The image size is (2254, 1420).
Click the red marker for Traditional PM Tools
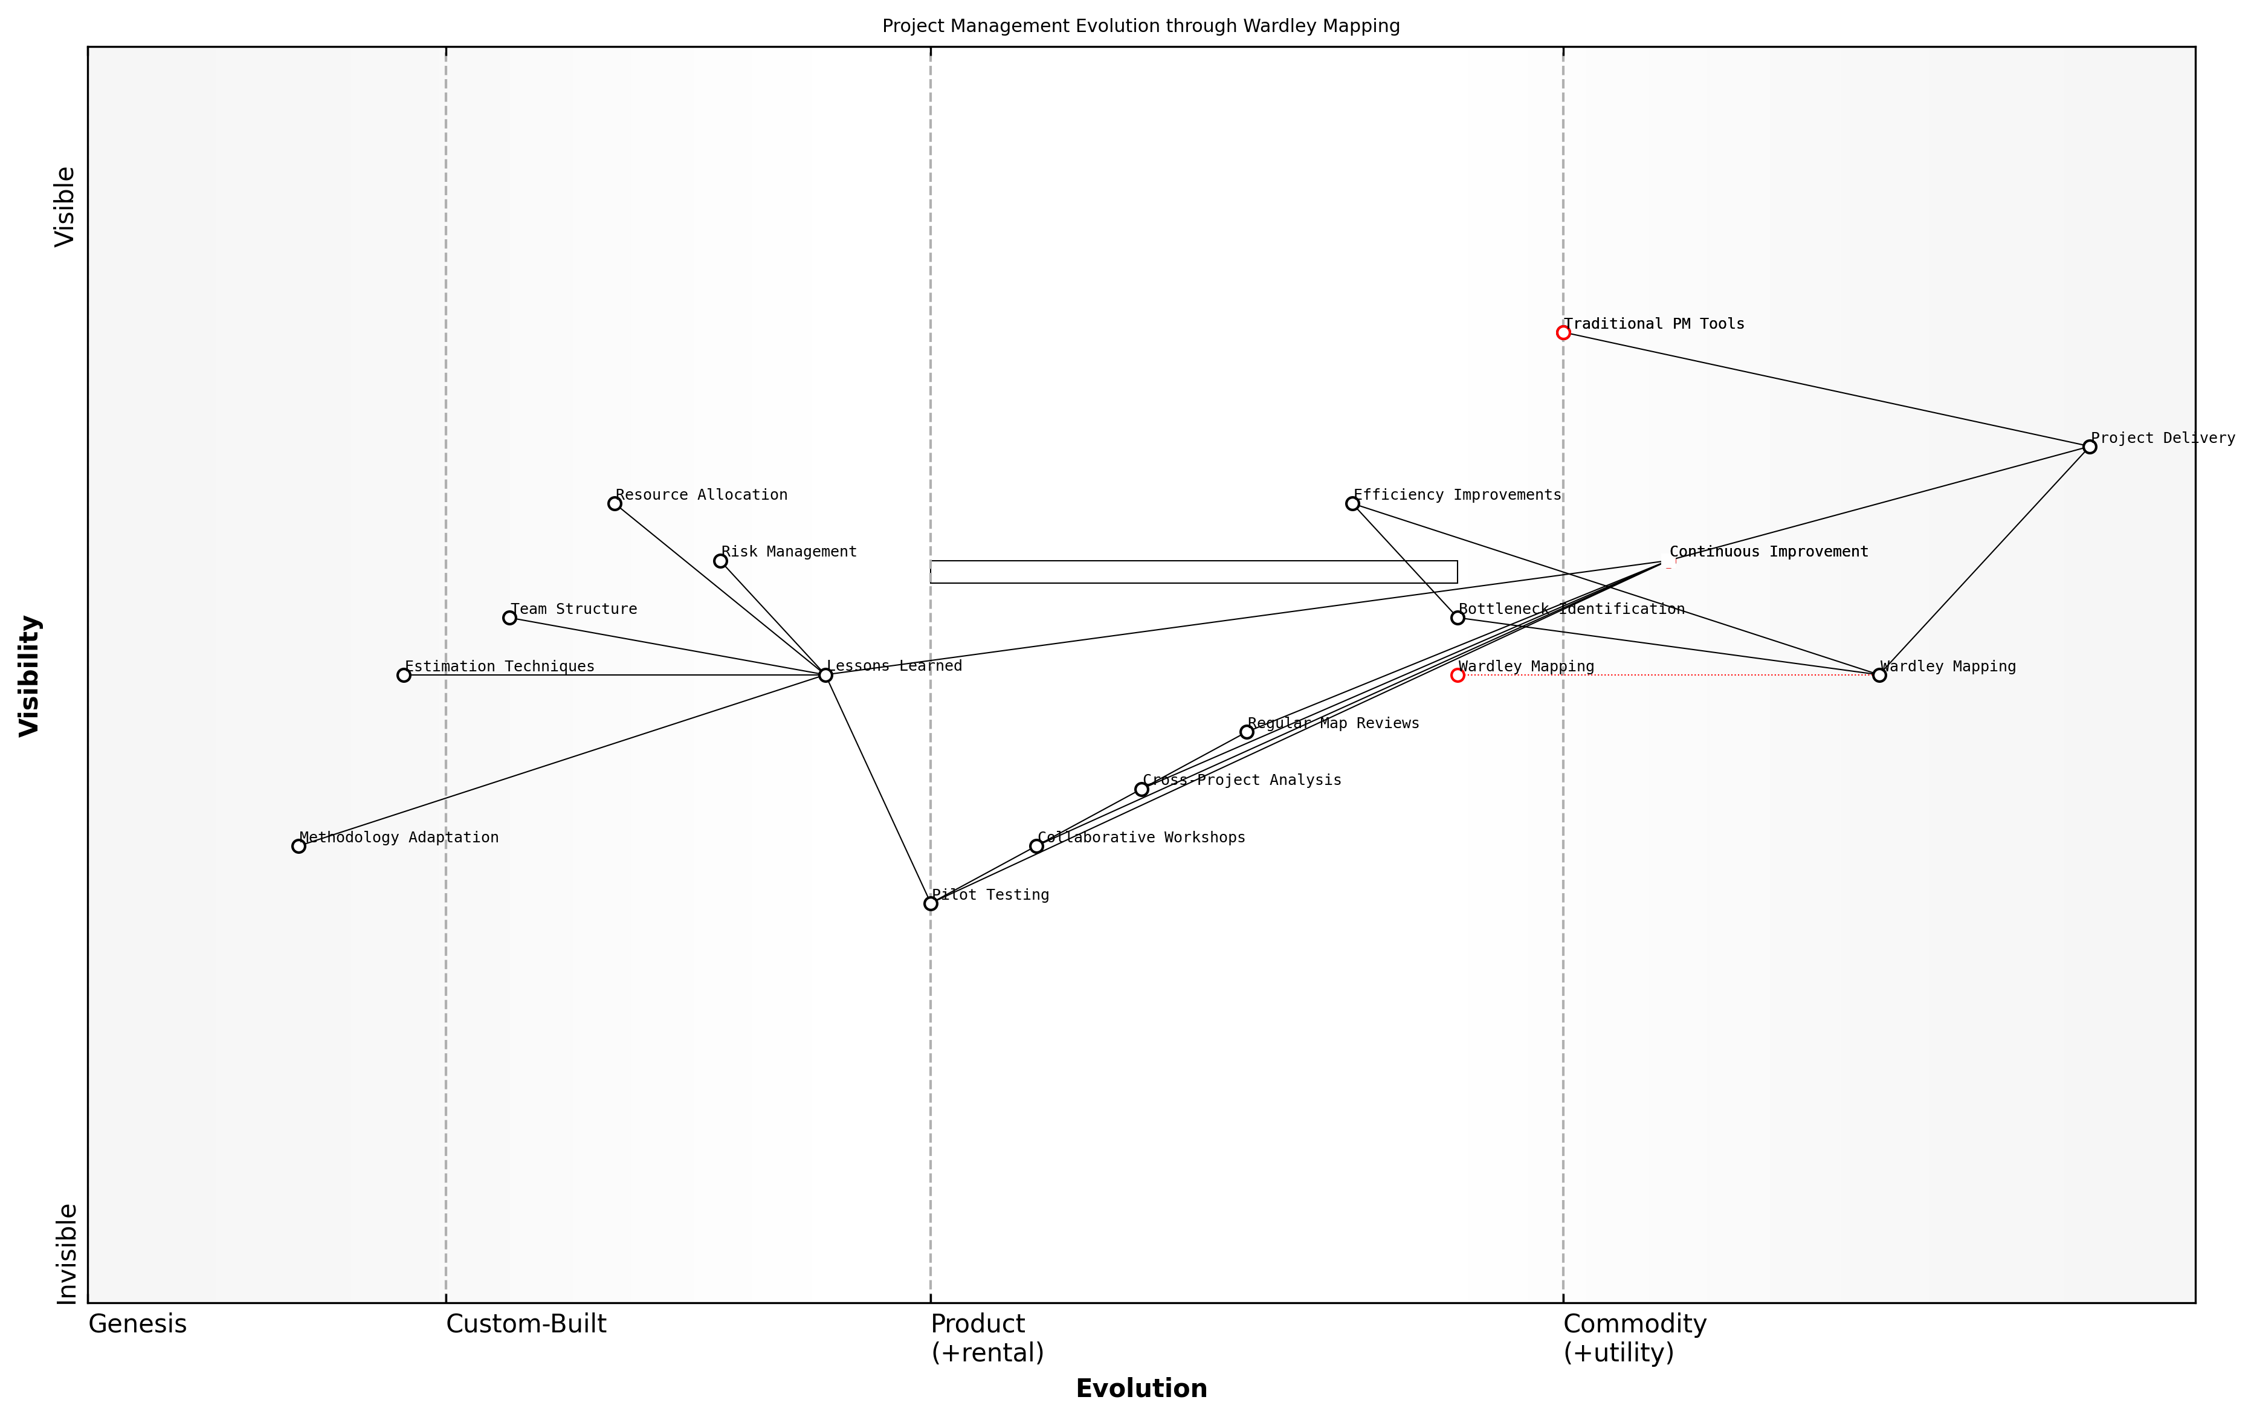(1563, 332)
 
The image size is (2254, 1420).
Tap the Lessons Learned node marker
(825, 675)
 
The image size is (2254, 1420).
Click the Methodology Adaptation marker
(299, 846)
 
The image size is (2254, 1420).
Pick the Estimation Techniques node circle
(404, 675)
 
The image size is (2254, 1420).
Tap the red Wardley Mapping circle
(1458, 675)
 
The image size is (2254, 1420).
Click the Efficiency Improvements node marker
(1352, 503)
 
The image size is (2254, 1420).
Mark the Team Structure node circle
(509, 618)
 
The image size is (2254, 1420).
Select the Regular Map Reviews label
(1333, 723)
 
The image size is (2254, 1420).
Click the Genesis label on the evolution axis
(138, 1325)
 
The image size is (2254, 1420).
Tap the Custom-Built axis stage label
(526, 1325)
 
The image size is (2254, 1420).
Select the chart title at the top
(1141, 26)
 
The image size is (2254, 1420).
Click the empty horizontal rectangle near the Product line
(1193, 572)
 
